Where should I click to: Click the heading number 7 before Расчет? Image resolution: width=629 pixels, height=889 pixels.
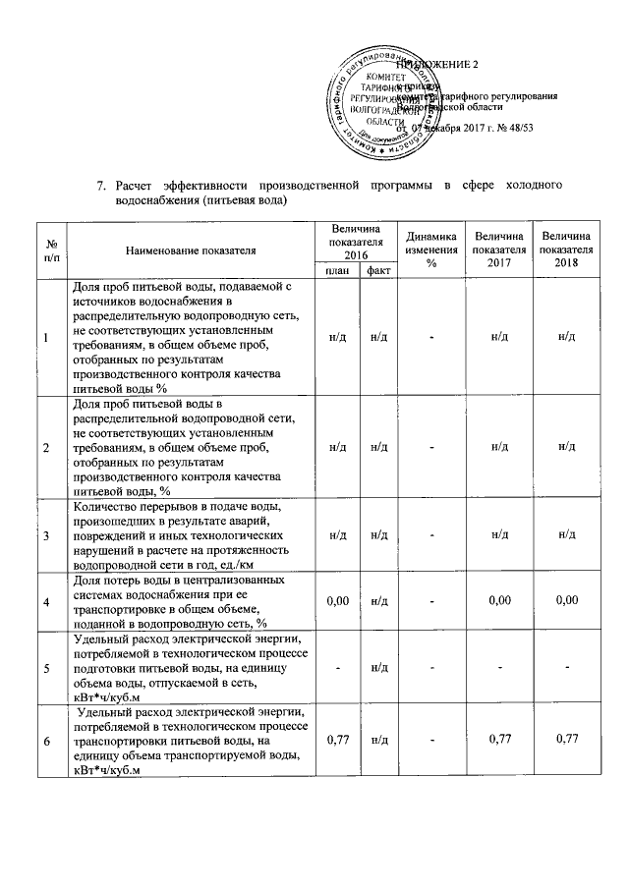point(100,185)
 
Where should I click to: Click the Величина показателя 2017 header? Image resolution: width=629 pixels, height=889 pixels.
point(498,250)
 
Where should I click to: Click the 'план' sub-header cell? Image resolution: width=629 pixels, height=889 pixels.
point(337,270)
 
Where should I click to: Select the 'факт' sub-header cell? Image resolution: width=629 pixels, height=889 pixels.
point(375,270)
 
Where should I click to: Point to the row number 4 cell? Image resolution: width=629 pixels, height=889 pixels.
point(46,600)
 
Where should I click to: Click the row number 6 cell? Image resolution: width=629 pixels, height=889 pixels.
point(46,740)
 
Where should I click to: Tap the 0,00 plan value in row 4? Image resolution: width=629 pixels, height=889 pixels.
point(337,600)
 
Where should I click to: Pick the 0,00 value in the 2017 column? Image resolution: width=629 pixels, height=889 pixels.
point(499,600)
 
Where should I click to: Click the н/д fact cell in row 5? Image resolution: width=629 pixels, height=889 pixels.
point(375,670)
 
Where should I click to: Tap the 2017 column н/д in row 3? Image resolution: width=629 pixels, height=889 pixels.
point(499,534)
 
